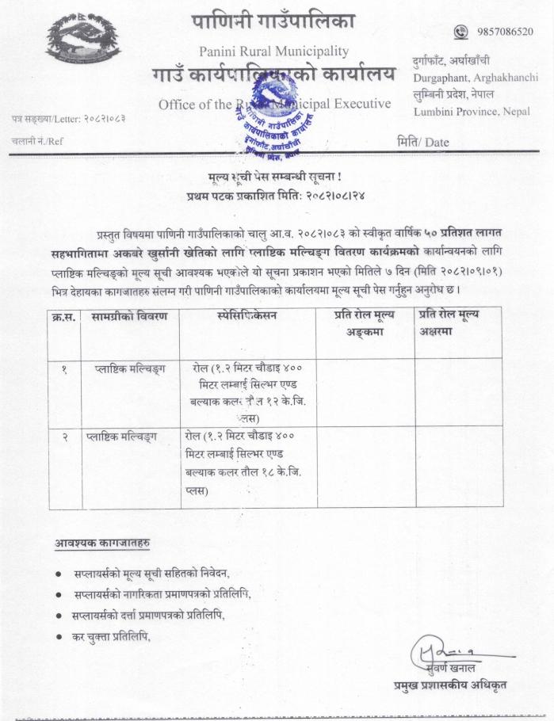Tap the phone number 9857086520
505,32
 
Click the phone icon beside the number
461,32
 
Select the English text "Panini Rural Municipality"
273,51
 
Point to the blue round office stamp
273,123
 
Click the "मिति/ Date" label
422,143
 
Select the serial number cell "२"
64,437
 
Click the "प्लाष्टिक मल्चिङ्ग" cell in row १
125,368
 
